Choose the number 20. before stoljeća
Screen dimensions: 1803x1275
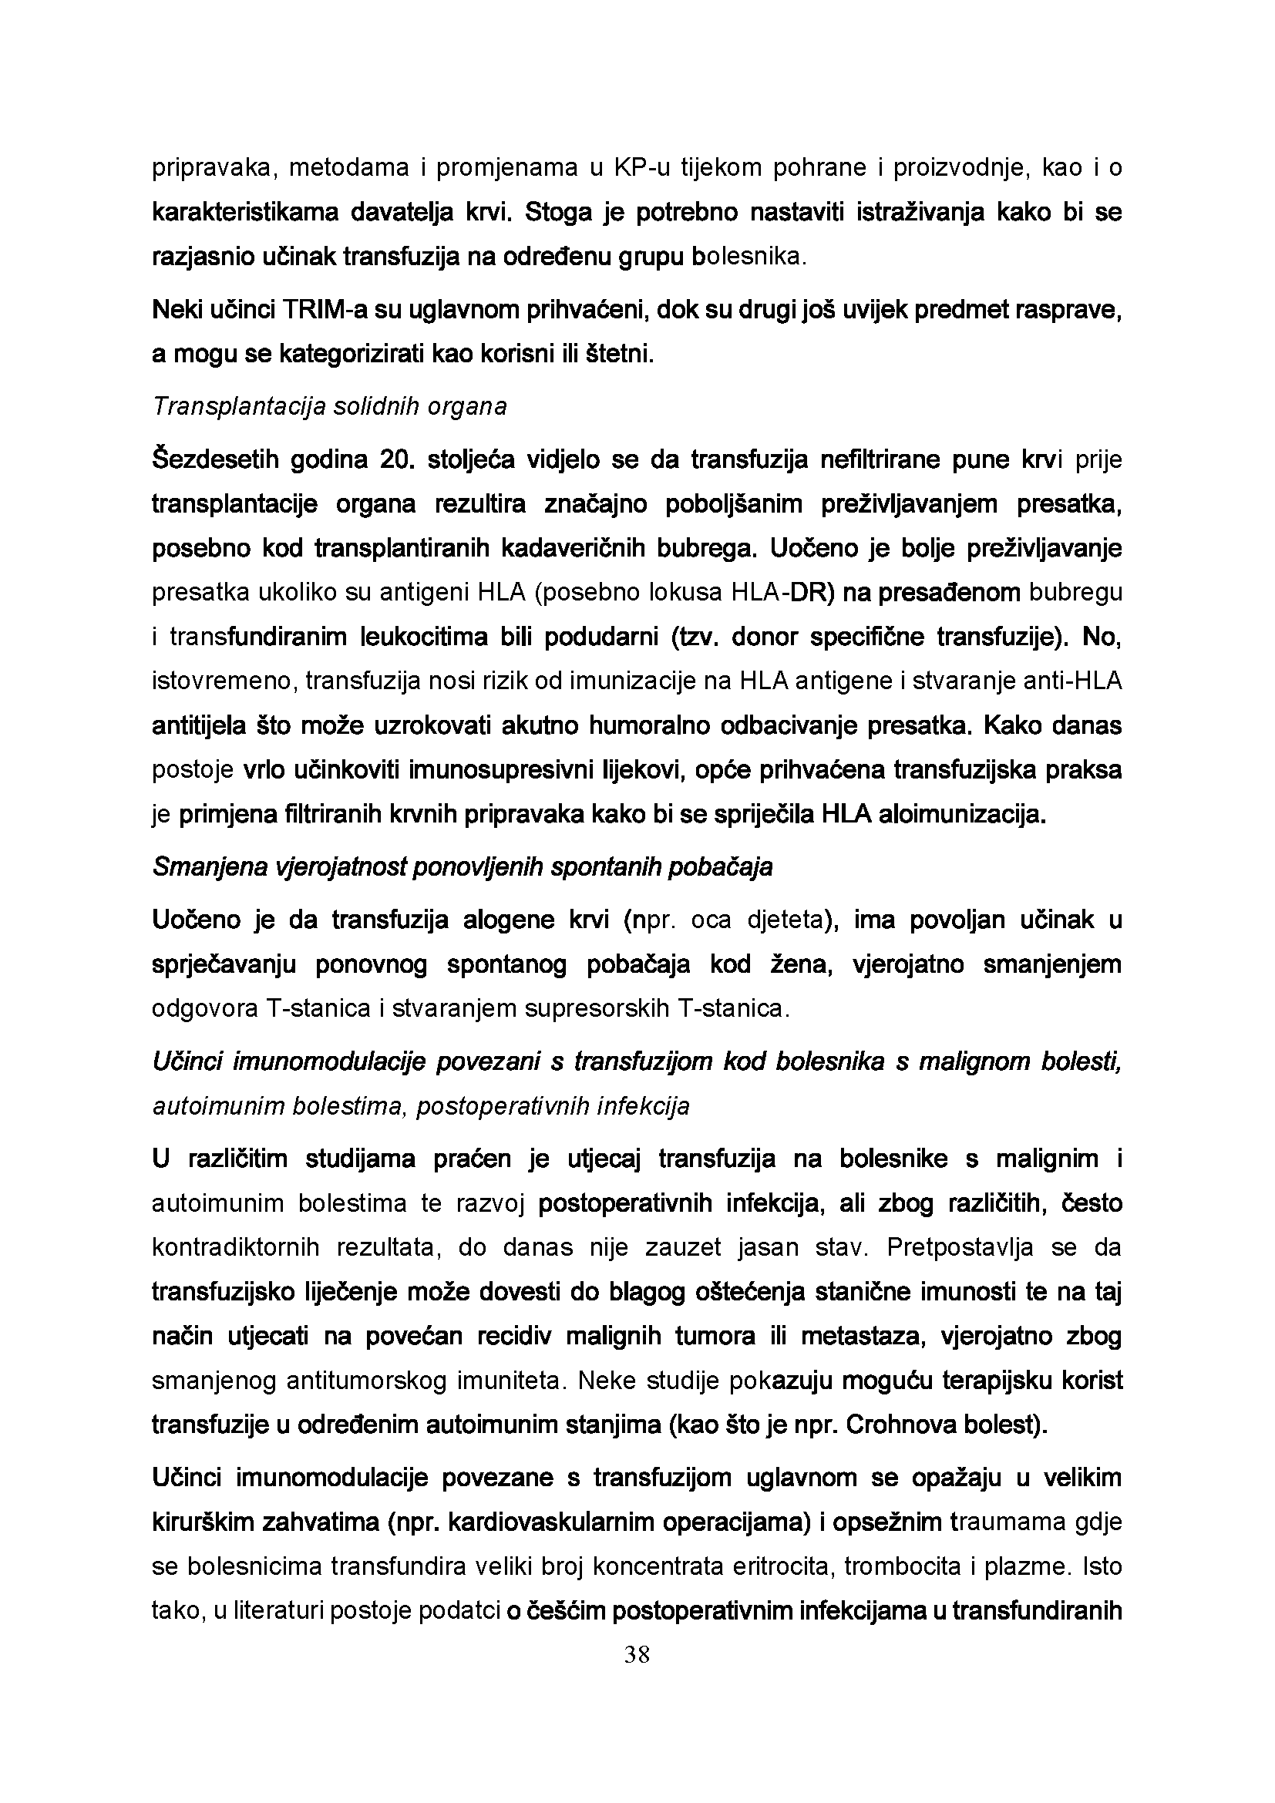point(392,459)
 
